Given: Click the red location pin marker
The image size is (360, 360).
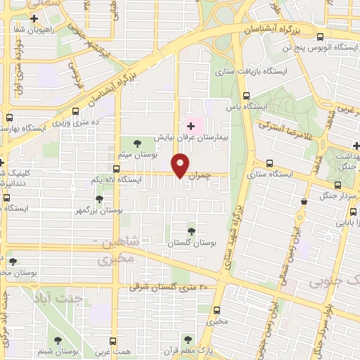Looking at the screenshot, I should click(x=181, y=166).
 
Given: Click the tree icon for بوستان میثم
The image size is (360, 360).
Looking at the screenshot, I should click(x=136, y=144).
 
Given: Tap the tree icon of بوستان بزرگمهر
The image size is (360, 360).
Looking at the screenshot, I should click(x=99, y=199).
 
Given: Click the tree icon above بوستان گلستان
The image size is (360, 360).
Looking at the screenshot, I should click(x=191, y=231).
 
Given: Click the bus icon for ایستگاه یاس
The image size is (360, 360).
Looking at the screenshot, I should click(x=246, y=96).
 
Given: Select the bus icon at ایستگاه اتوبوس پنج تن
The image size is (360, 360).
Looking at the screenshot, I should click(x=321, y=37).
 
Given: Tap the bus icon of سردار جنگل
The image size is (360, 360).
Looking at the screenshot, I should click(x=338, y=186).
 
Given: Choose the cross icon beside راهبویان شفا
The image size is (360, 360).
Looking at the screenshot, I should click(x=33, y=18).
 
